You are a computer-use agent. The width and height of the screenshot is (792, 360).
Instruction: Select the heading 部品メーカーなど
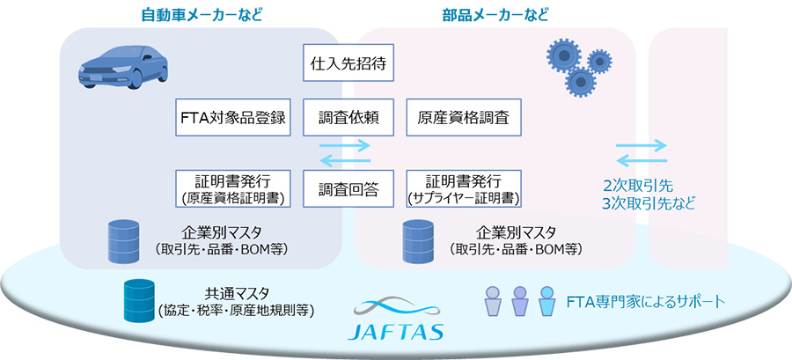[495, 14]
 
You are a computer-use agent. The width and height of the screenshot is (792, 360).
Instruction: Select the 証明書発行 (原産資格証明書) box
[233, 187]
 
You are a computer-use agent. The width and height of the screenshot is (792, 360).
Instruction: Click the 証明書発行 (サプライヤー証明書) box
[464, 187]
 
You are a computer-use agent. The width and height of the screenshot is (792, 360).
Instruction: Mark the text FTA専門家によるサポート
[650, 302]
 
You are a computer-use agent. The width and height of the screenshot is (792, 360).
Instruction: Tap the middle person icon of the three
[520, 302]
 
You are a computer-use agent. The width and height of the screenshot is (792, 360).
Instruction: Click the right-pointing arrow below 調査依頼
[344, 145]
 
